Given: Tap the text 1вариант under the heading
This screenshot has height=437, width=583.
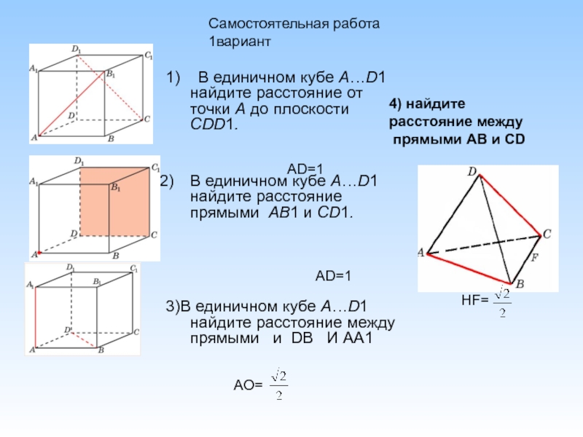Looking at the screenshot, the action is click(x=240, y=42).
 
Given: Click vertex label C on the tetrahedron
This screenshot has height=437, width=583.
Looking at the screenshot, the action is click(x=547, y=234).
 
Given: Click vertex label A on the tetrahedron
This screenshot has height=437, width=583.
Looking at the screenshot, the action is click(x=421, y=253).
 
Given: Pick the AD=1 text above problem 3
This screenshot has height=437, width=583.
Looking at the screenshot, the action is click(x=333, y=276).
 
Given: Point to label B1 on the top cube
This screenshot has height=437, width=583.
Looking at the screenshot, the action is click(x=111, y=74).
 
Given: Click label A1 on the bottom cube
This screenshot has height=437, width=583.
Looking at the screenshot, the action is click(x=31, y=285).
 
